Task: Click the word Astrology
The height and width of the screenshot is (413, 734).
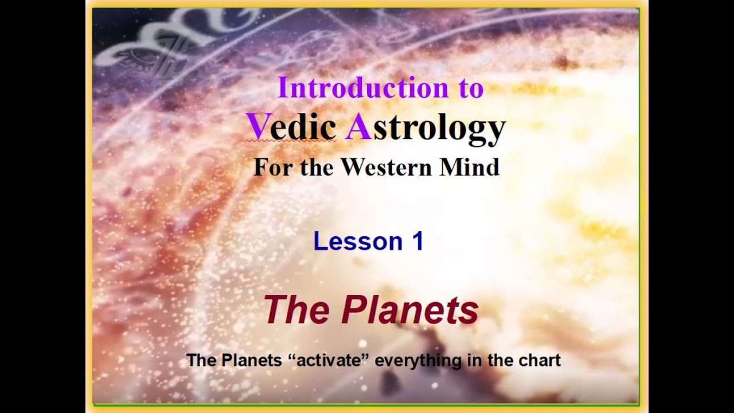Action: coord(425,128)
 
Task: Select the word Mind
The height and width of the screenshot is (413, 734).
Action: coord(470,167)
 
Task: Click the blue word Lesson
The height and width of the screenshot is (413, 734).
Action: coord(358,241)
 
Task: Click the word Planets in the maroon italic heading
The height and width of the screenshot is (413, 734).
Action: coord(410,310)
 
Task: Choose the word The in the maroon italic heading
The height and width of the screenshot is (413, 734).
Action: coord(296,310)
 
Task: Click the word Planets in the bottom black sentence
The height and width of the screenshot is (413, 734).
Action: coord(252,360)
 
